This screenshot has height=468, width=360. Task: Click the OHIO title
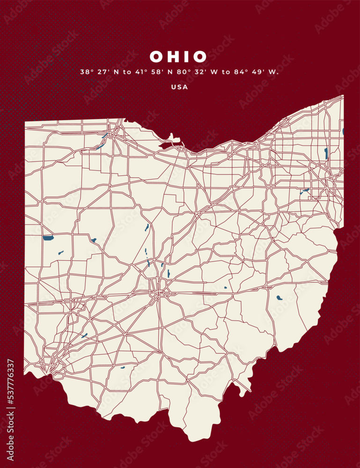pyautogui.click(x=178, y=57)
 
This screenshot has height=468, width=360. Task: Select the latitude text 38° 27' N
pyautogui.click(x=97, y=72)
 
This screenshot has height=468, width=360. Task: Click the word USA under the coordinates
pyautogui.click(x=179, y=87)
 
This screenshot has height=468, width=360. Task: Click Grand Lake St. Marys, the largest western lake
pyautogui.click(x=48, y=238)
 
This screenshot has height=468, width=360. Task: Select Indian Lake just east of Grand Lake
pyautogui.click(x=94, y=240)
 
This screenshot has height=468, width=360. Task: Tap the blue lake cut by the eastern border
pyautogui.click(x=343, y=132)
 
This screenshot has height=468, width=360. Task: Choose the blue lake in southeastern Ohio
pyautogui.click(x=279, y=297)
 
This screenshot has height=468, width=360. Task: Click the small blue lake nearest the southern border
pyautogui.click(x=123, y=367)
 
